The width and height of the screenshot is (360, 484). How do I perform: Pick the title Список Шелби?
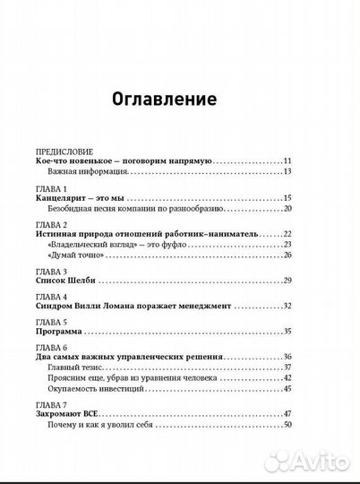coord(69,281)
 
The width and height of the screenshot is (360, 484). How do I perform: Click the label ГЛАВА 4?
coord(52,296)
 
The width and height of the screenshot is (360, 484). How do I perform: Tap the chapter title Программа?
coord(64,331)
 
